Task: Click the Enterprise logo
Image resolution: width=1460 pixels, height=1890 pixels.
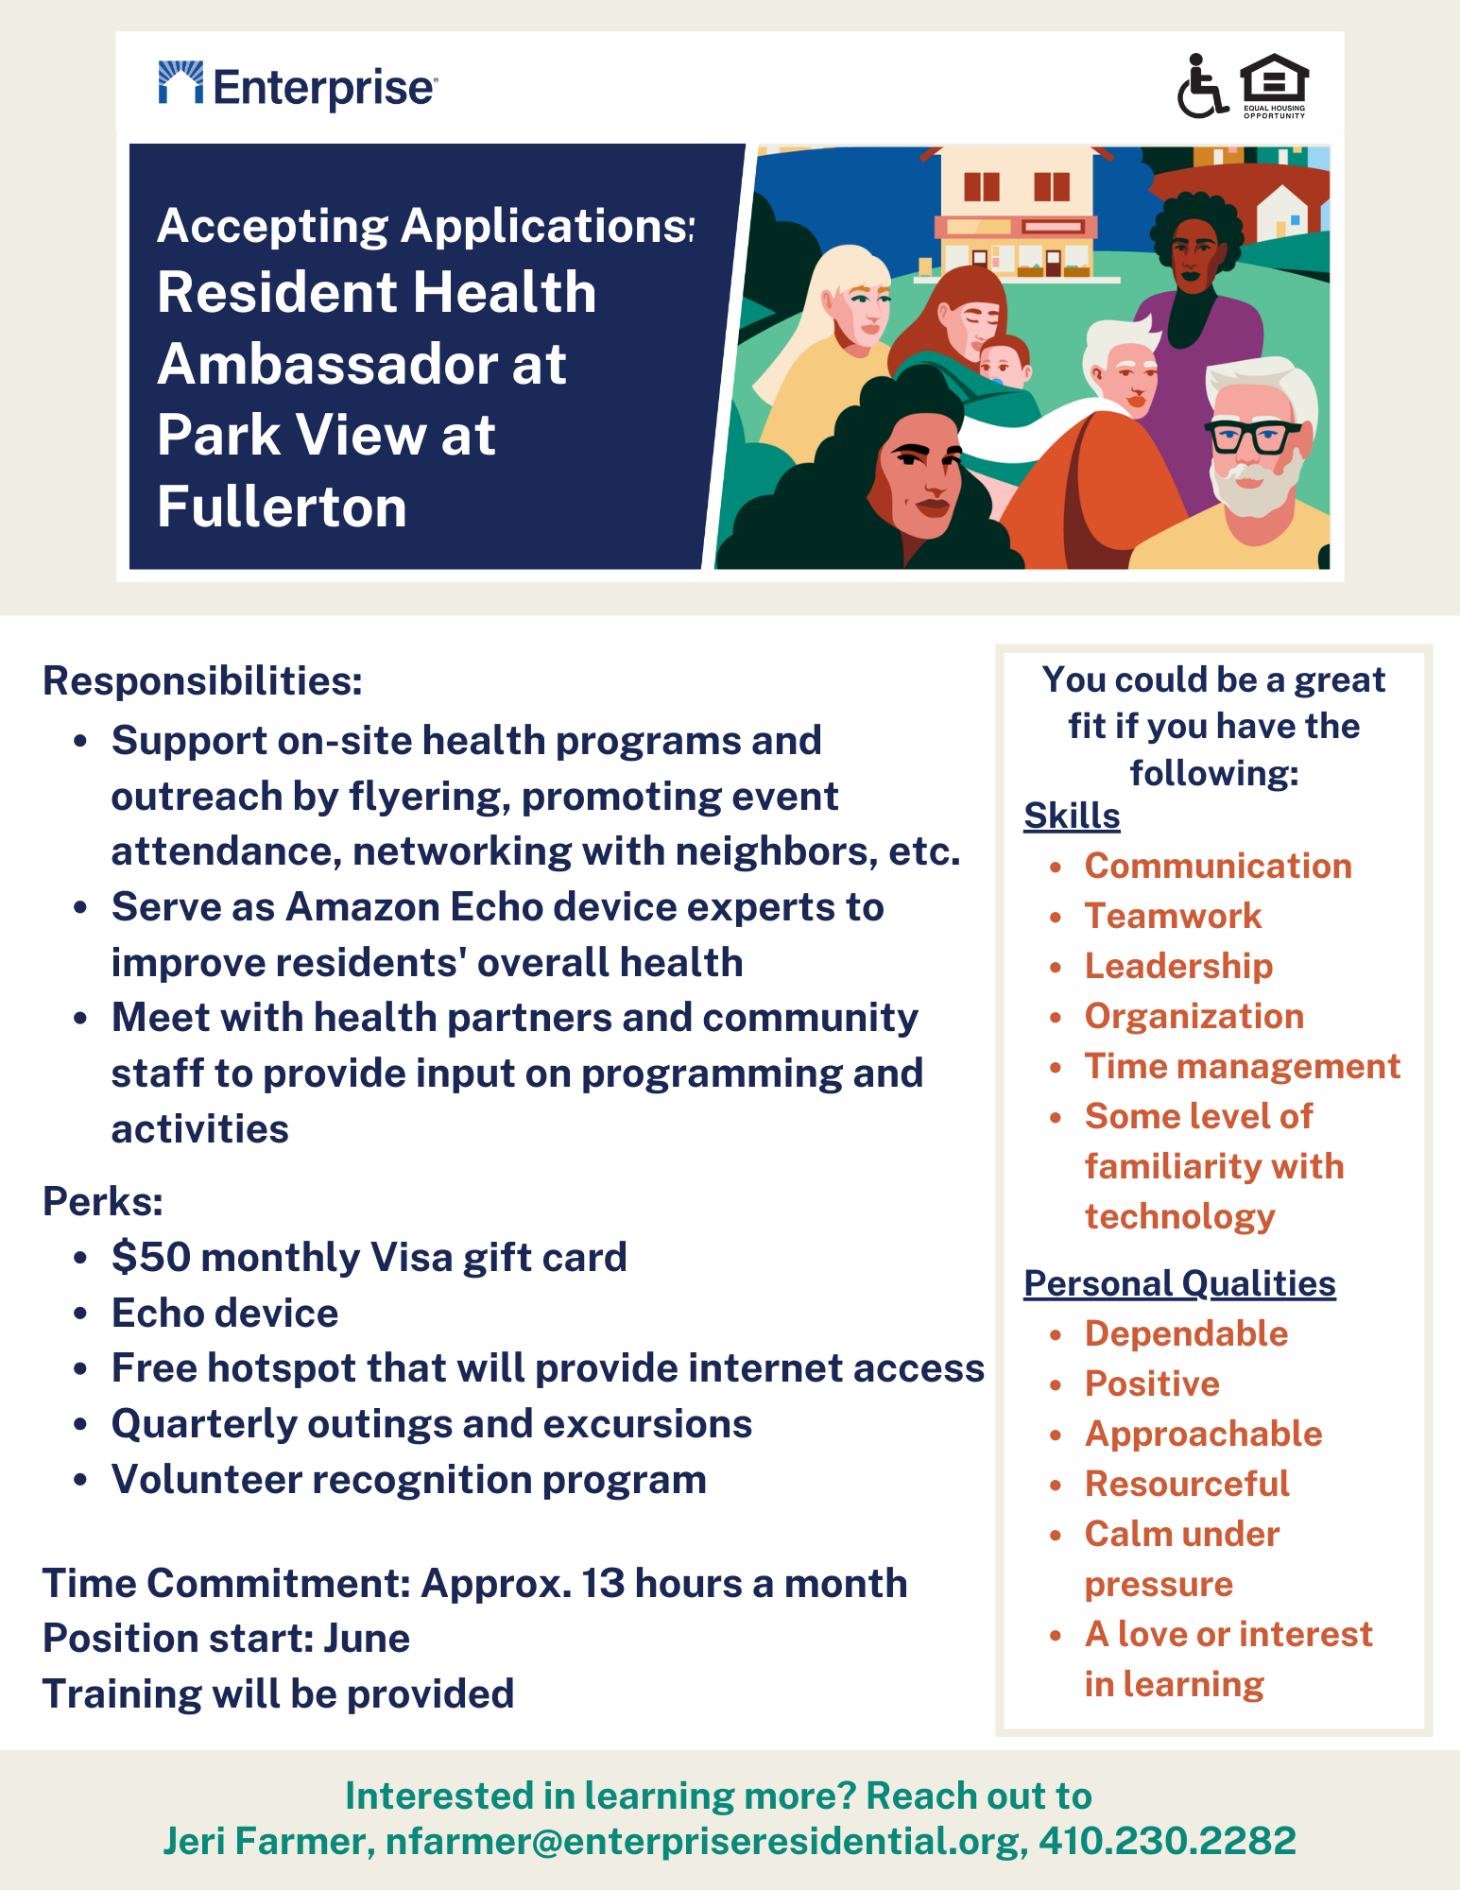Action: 297,86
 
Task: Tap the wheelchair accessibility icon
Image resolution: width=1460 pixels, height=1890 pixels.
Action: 1201,86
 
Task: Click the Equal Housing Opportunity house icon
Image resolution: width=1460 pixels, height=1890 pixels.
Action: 1274,85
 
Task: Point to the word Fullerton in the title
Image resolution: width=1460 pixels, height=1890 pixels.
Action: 282,507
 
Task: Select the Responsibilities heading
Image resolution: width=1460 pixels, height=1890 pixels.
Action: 202,681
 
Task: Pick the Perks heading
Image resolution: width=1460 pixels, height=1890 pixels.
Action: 103,1201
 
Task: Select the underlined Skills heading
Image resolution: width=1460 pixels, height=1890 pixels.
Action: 1072,816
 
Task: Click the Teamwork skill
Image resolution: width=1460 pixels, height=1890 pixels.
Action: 1173,916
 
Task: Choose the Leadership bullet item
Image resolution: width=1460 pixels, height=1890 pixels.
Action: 1178,966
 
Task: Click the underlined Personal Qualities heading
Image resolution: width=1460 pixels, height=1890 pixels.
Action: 1179,1283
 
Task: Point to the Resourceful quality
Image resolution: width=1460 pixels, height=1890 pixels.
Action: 1187,1484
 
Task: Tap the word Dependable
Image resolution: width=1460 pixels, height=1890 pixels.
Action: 1186,1333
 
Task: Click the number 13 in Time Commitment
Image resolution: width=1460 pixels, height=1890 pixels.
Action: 603,1584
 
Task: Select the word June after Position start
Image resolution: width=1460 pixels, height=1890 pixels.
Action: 367,1639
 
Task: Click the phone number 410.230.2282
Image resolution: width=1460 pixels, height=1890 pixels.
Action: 1167,1841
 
